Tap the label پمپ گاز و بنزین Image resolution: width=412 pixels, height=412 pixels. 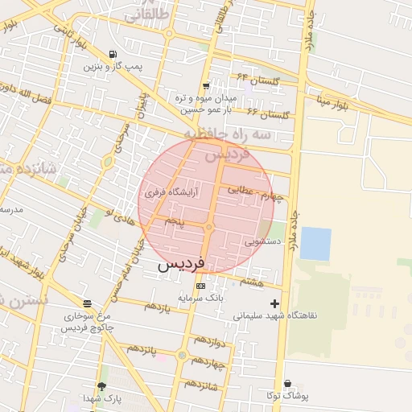coord(111,66)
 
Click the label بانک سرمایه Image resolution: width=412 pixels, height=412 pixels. coord(200,298)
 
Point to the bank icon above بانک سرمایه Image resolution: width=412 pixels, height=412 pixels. coord(200,286)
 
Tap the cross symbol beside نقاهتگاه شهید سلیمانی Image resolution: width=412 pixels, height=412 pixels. coord(276,303)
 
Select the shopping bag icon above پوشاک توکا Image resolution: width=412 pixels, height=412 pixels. coord(287,384)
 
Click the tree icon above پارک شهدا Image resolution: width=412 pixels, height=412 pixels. coord(101,387)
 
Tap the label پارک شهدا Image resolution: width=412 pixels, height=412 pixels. coord(101,398)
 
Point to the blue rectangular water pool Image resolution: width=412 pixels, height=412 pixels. coord(315,244)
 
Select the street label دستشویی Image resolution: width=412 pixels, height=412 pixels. coord(263,240)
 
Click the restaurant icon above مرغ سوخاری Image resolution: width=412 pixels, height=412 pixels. coord(87,304)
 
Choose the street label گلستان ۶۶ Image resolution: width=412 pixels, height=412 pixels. coord(267,113)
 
